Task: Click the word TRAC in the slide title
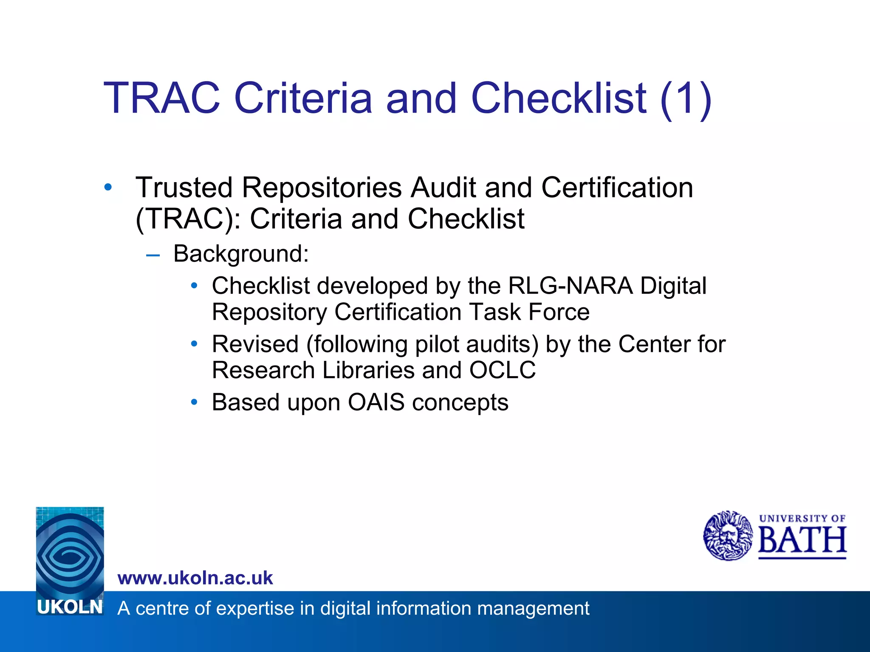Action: [162, 98]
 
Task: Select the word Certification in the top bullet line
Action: [617, 188]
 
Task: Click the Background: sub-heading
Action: [241, 254]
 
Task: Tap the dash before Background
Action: [153, 255]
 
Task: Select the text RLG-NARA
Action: [570, 286]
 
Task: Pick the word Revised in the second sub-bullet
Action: [255, 344]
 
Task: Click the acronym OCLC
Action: [502, 370]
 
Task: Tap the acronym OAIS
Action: [376, 402]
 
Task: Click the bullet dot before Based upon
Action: [194, 402]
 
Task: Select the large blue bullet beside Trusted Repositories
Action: [108, 187]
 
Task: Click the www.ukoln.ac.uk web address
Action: [195, 578]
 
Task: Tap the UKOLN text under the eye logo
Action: [70, 607]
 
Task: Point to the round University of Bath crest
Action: [728, 536]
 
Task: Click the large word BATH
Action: [802, 540]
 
